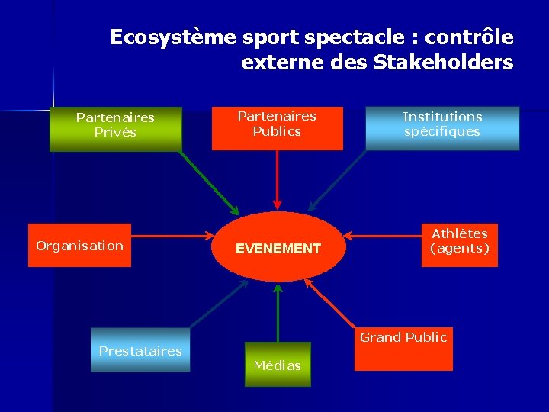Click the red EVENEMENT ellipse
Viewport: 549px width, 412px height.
coord(278,248)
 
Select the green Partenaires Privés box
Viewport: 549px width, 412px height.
coord(115,128)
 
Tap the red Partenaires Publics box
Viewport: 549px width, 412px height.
coord(277,127)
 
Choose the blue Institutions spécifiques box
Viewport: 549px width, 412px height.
coord(442,127)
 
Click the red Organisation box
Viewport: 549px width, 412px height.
coord(79,246)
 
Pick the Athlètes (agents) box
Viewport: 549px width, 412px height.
coord(459,244)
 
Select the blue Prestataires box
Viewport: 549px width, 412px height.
coord(140,350)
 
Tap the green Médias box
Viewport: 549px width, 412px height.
coord(278,365)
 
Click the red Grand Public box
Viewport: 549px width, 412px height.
coord(403,349)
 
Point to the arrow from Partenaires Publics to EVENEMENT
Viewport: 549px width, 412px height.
coord(277,179)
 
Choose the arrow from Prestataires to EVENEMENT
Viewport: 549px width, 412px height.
coord(217,304)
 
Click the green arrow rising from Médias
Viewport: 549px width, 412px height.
coord(278,313)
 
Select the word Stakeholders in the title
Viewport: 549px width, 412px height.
coord(444,63)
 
